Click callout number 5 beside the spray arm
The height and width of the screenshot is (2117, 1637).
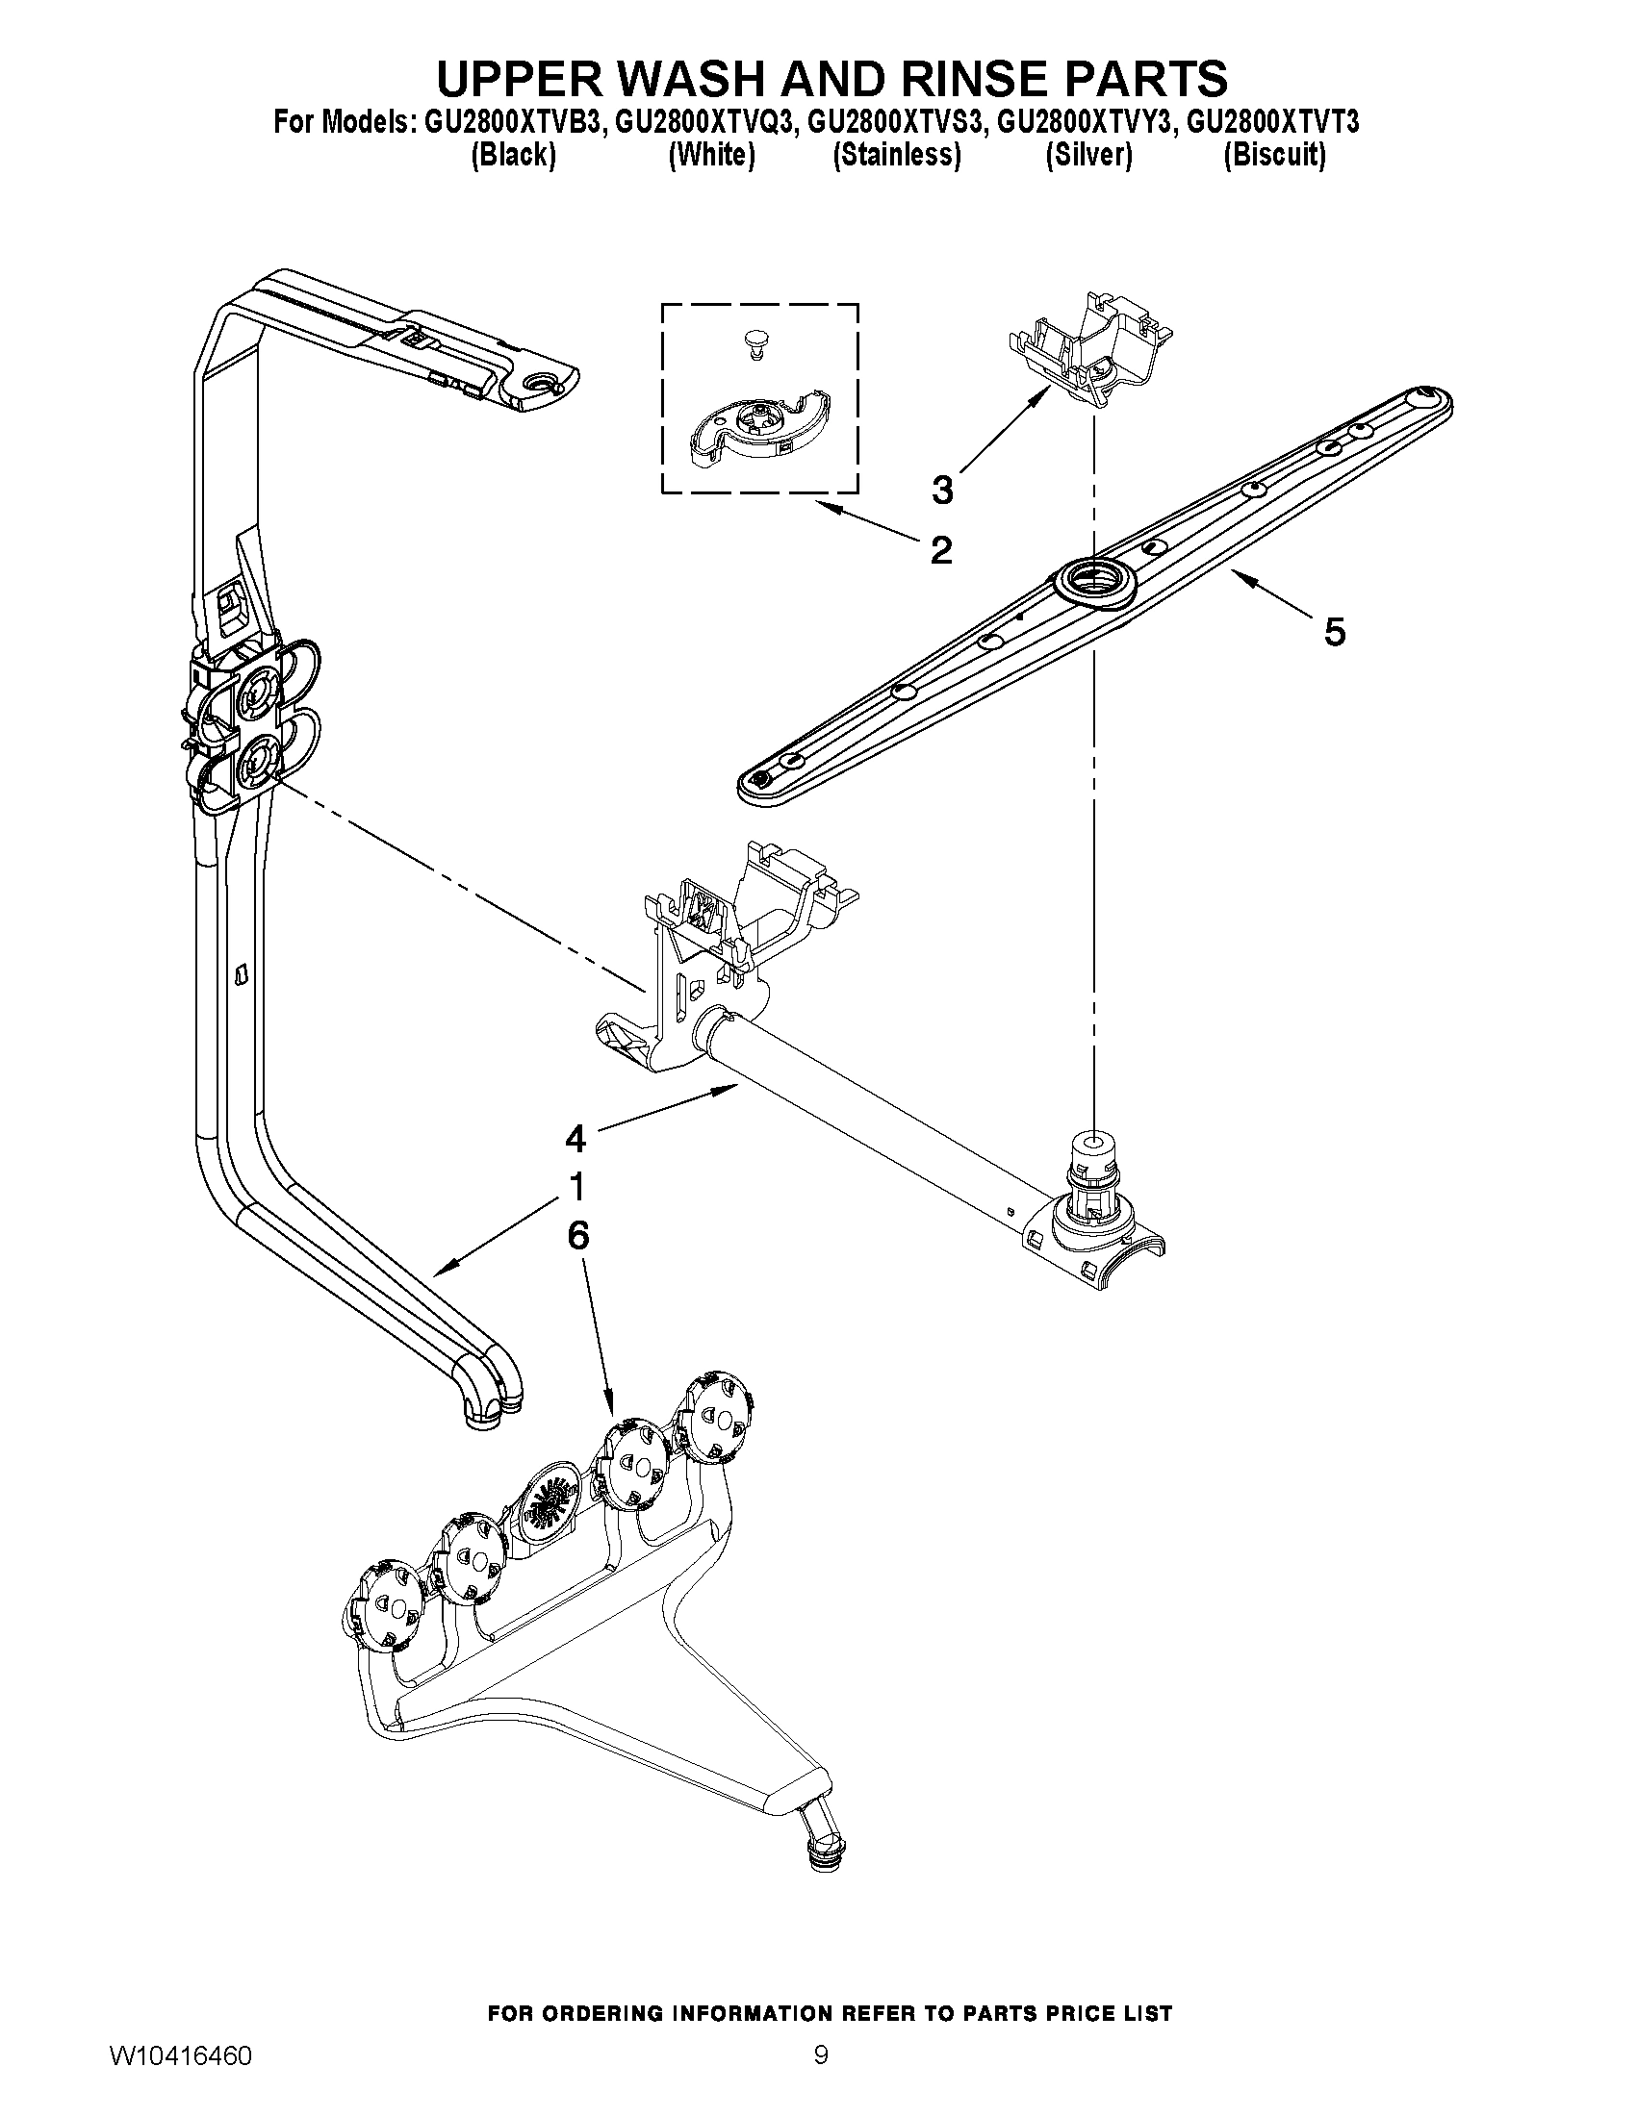1335,632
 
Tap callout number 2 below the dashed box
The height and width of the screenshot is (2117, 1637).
940,550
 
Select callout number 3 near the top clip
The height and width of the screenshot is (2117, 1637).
941,490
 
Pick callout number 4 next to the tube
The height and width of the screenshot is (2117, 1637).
576,1138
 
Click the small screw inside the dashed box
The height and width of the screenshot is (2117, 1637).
753,343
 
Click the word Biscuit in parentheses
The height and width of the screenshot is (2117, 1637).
1274,155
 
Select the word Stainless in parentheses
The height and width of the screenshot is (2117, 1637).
897,155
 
